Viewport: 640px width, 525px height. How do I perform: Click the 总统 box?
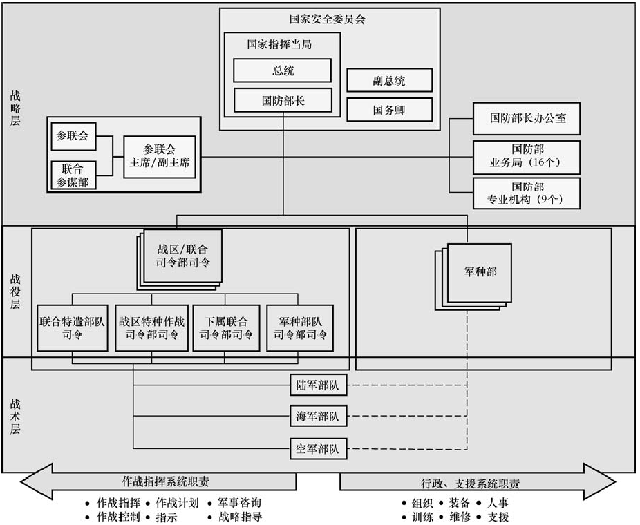point(282,70)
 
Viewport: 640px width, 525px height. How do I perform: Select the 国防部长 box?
point(282,100)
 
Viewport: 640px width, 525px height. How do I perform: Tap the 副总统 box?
point(389,80)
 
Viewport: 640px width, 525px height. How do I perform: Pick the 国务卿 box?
point(389,110)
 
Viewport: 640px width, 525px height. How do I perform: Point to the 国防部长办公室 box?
point(526,118)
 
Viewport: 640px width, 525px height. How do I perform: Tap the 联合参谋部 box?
point(73,175)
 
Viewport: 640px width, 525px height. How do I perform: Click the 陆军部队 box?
point(317,385)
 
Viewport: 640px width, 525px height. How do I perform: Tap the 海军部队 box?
point(317,417)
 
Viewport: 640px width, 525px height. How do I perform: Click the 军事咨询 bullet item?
point(239,503)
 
